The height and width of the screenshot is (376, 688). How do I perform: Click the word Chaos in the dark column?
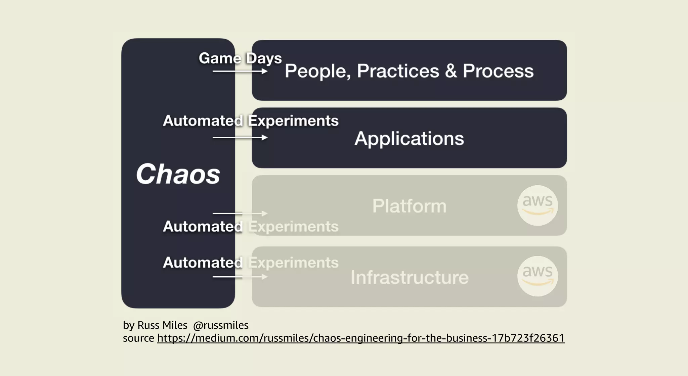click(x=178, y=174)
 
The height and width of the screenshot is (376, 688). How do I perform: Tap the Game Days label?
click(x=240, y=58)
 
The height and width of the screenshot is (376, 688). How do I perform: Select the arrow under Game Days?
click(x=240, y=71)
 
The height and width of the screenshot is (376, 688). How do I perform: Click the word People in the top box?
click(x=316, y=71)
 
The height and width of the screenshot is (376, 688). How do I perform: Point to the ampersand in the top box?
click(x=451, y=71)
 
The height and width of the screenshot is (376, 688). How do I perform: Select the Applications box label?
click(x=409, y=139)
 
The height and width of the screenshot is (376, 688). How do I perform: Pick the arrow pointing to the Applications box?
click(x=240, y=138)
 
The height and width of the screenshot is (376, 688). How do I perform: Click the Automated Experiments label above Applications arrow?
click(x=251, y=121)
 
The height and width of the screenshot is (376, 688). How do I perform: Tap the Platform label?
click(x=409, y=206)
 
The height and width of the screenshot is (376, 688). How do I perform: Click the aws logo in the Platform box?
click(x=537, y=205)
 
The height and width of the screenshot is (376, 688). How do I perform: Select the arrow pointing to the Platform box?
click(x=240, y=214)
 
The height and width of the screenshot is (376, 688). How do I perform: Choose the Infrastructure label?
click(x=409, y=278)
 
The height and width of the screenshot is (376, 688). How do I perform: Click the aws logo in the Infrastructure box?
click(x=537, y=276)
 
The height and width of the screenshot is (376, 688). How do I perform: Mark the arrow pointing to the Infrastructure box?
click(x=240, y=277)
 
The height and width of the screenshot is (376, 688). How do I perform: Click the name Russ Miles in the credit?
click(x=162, y=325)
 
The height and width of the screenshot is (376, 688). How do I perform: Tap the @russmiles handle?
click(x=221, y=325)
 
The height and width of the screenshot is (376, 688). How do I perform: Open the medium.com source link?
click(x=361, y=338)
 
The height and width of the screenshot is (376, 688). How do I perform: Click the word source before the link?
click(x=138, y=338)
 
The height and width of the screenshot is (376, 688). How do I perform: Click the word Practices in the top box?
click(x=398, y=71)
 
